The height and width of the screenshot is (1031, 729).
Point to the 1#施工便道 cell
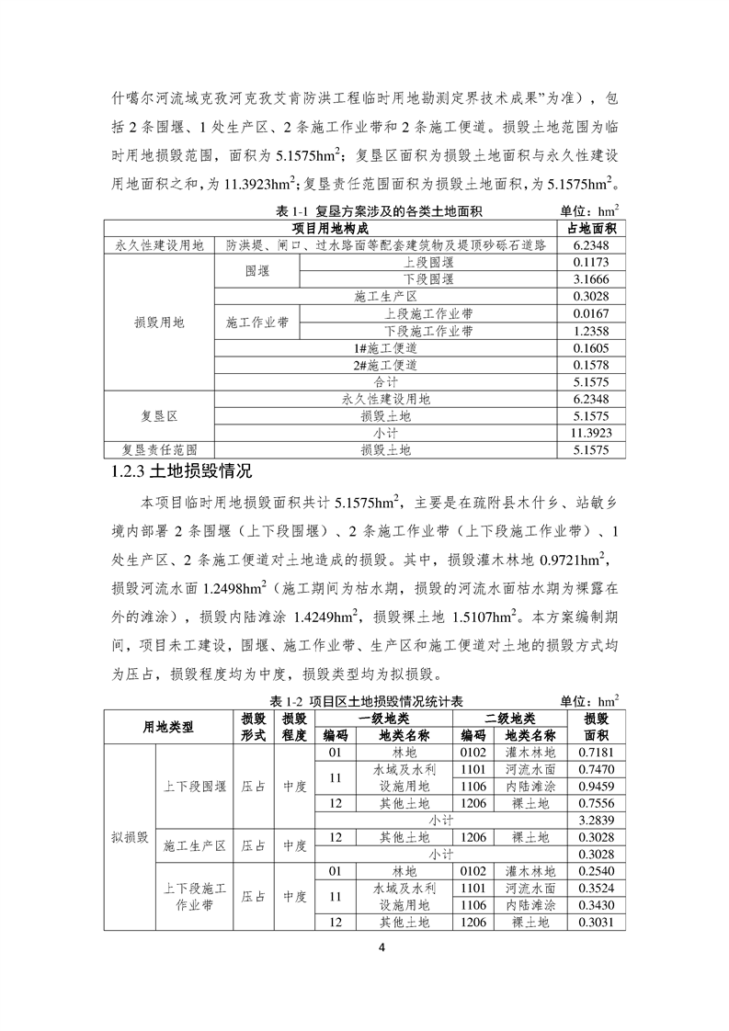coord(385,348)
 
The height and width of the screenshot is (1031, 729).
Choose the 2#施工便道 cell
coord(385,365)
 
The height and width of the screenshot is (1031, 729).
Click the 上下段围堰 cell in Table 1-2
coord(194,787)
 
